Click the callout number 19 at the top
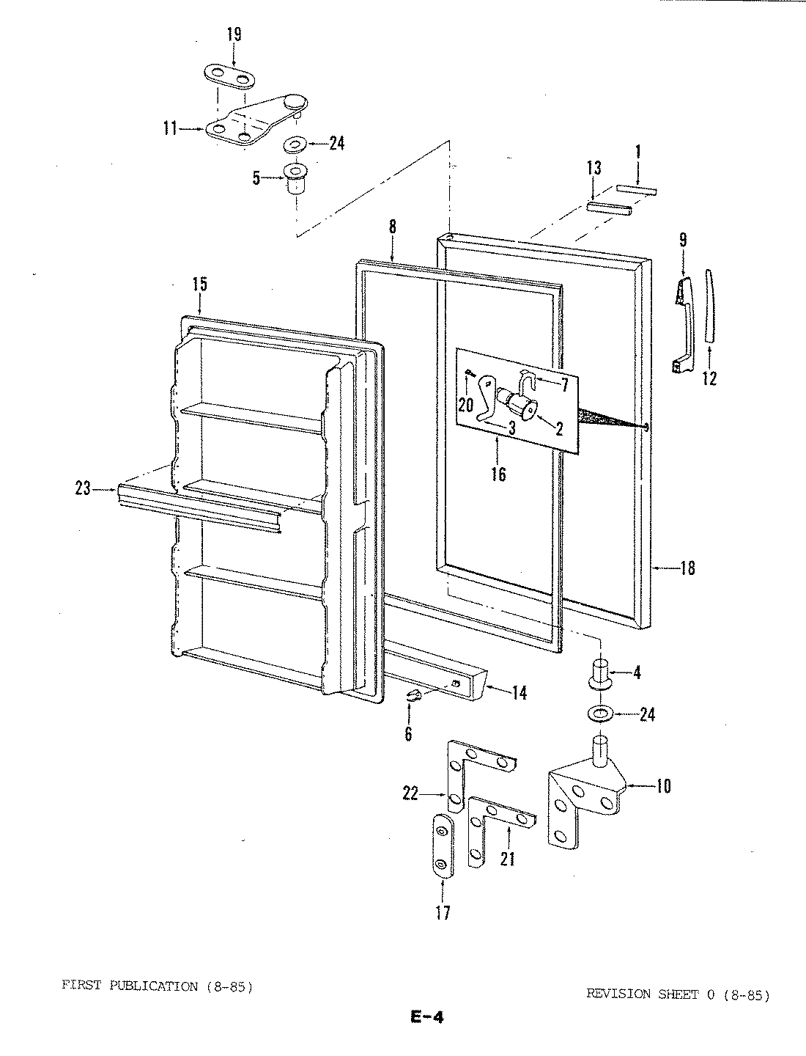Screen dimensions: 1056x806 click(x=234, y=34)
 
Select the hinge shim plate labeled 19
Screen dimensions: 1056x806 click(x=229, y=75)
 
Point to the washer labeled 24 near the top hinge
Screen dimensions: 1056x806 click(x=297, y=143)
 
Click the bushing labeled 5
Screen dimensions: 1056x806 click(x=295, y=178)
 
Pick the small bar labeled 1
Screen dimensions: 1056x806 click(x=637, y=190)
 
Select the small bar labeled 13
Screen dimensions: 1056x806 click(x=608, y=209)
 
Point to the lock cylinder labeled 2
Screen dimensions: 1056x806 click(x=525, y=405)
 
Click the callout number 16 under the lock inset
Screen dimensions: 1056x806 click(x=498, y=474)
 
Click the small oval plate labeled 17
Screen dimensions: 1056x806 click(x=442, y=845)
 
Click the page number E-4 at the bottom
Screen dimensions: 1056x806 click(x=427, y=1016)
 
